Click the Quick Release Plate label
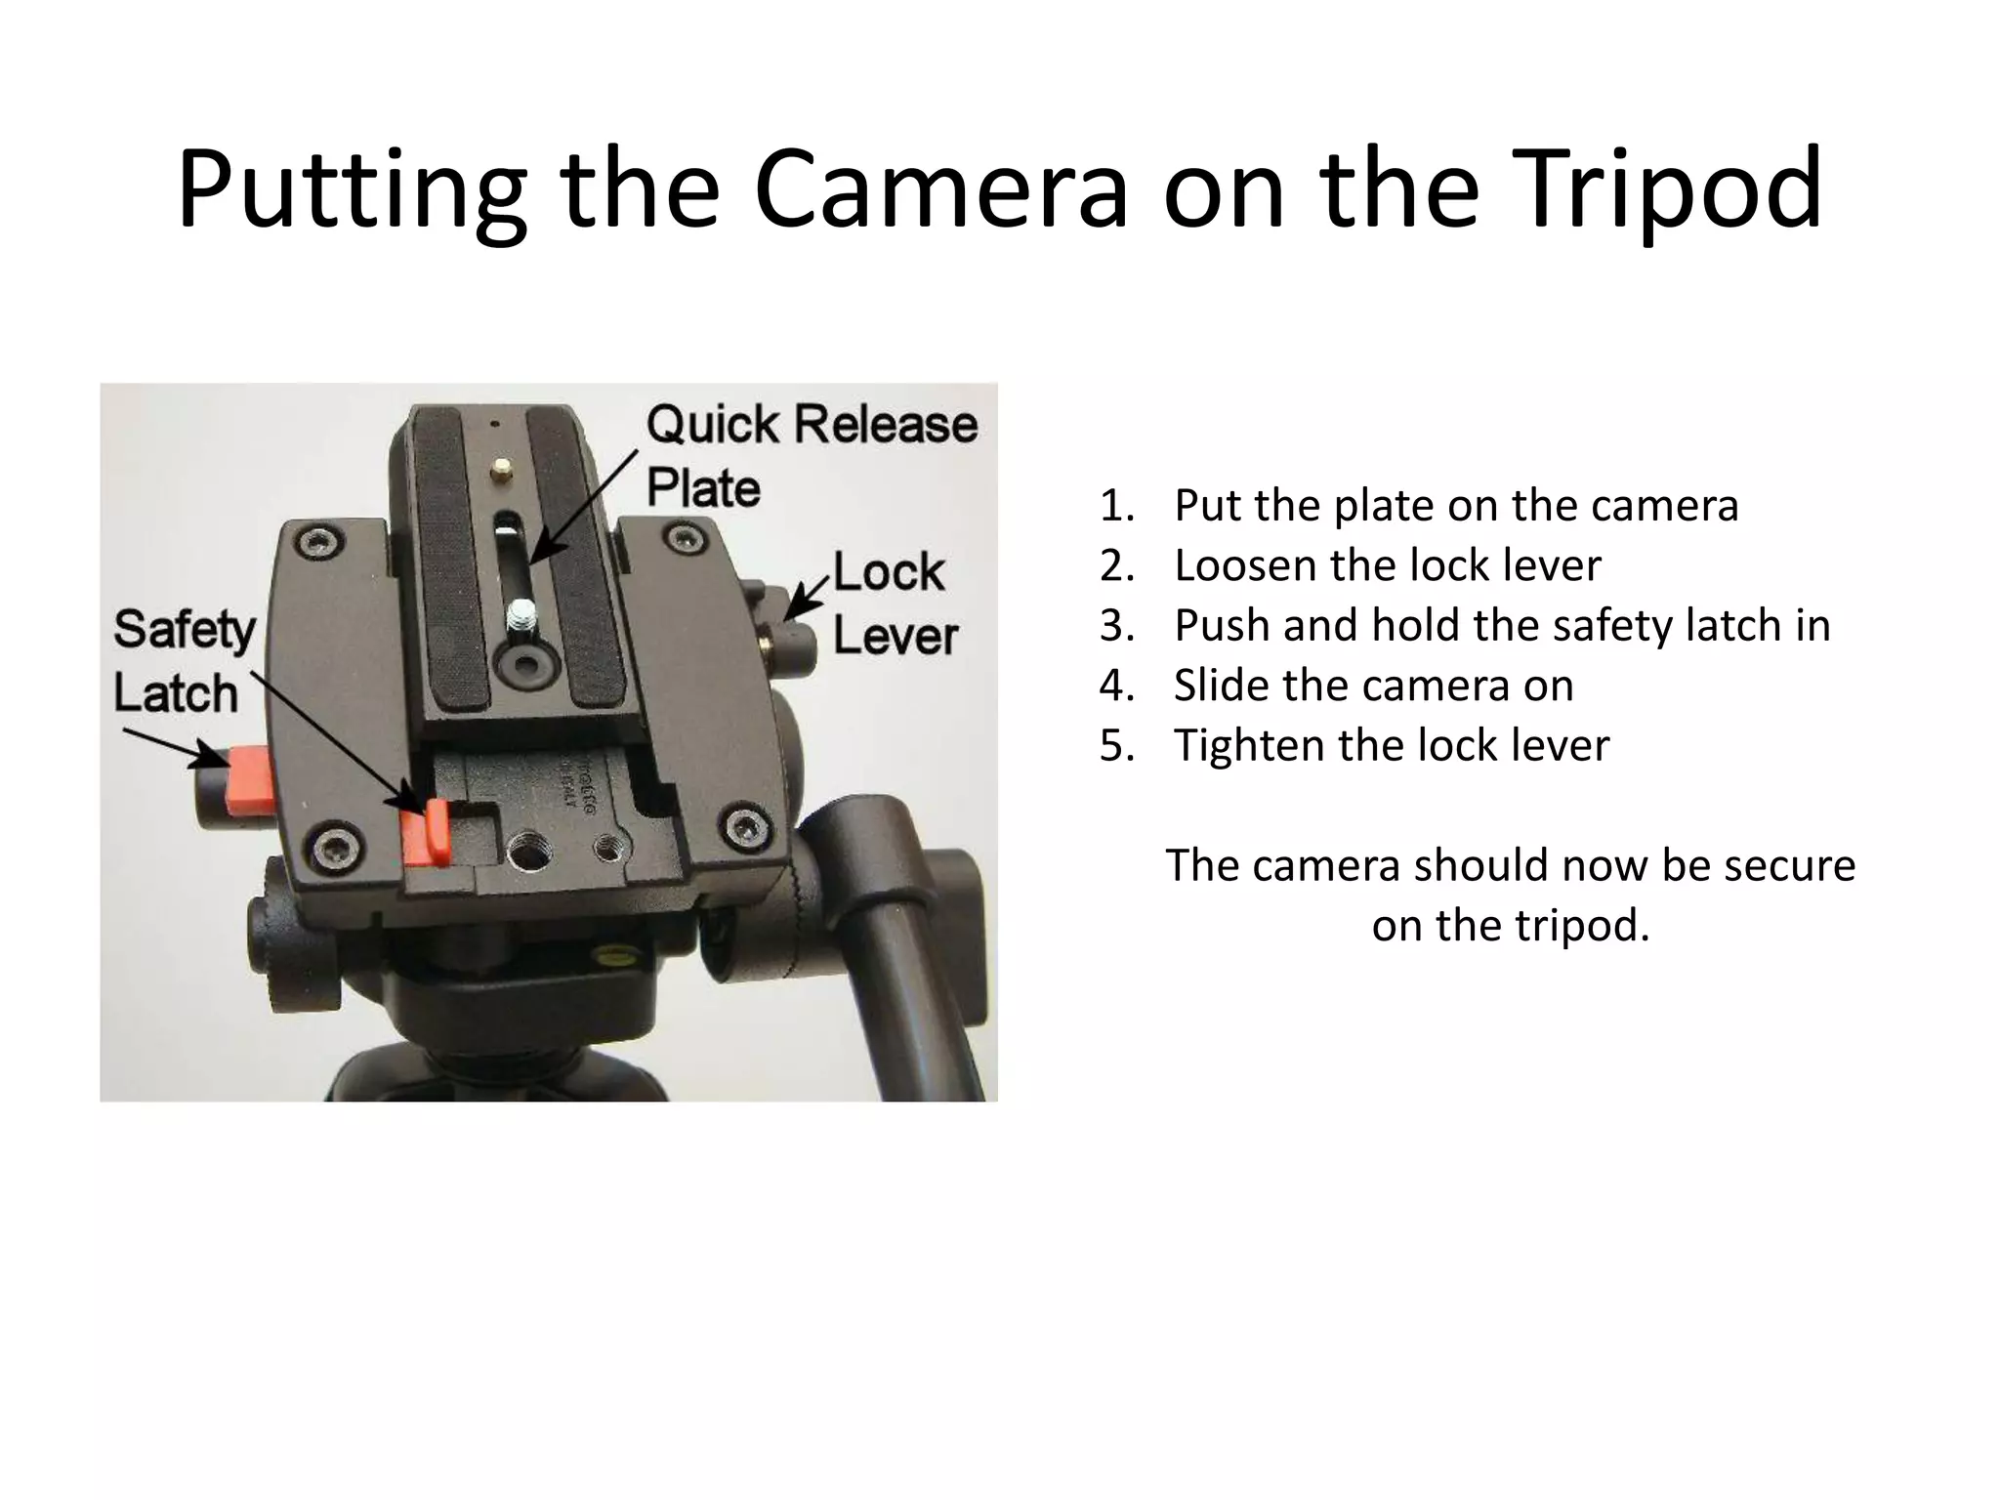pyautogui.click(x=811, y=455)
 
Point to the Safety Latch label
pyautogui.click(x=183, y=660)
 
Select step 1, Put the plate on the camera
pyautogui.click(x=1455, y=506)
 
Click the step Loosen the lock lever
pyautogui.click(x=1387, y=565)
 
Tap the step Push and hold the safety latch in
pyautogui.click(x=1501, y=626)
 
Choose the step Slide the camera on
pyautogui.click(x=1373, y=686)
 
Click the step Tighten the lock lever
pyautogui.click(x=1391, y=746)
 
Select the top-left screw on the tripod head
pyautogui.click(x=316, y=541)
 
